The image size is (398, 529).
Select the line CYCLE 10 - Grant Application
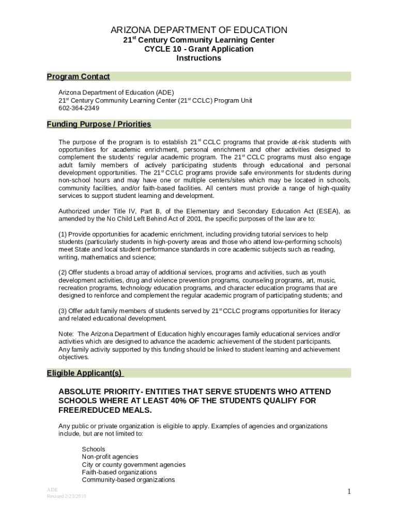click(199, 49)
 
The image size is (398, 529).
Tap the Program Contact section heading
click(79, 76)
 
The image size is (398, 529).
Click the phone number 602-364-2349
click(79, 108)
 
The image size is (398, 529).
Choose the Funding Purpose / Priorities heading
click(99, 124)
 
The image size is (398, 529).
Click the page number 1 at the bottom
click(349, 492)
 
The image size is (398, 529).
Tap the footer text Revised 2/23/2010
click(67, 496)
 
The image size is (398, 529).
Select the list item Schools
click(94, 449)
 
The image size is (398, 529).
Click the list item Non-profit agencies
click(110, 457)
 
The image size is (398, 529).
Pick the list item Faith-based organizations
click(119, 472)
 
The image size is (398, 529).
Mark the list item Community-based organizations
click(128, 480)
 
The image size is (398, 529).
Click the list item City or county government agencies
click(133, 464)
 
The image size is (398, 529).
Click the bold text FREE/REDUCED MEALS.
click(105, 410)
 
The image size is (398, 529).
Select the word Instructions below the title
click(199, 58)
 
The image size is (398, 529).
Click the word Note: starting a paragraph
click(66, 334)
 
